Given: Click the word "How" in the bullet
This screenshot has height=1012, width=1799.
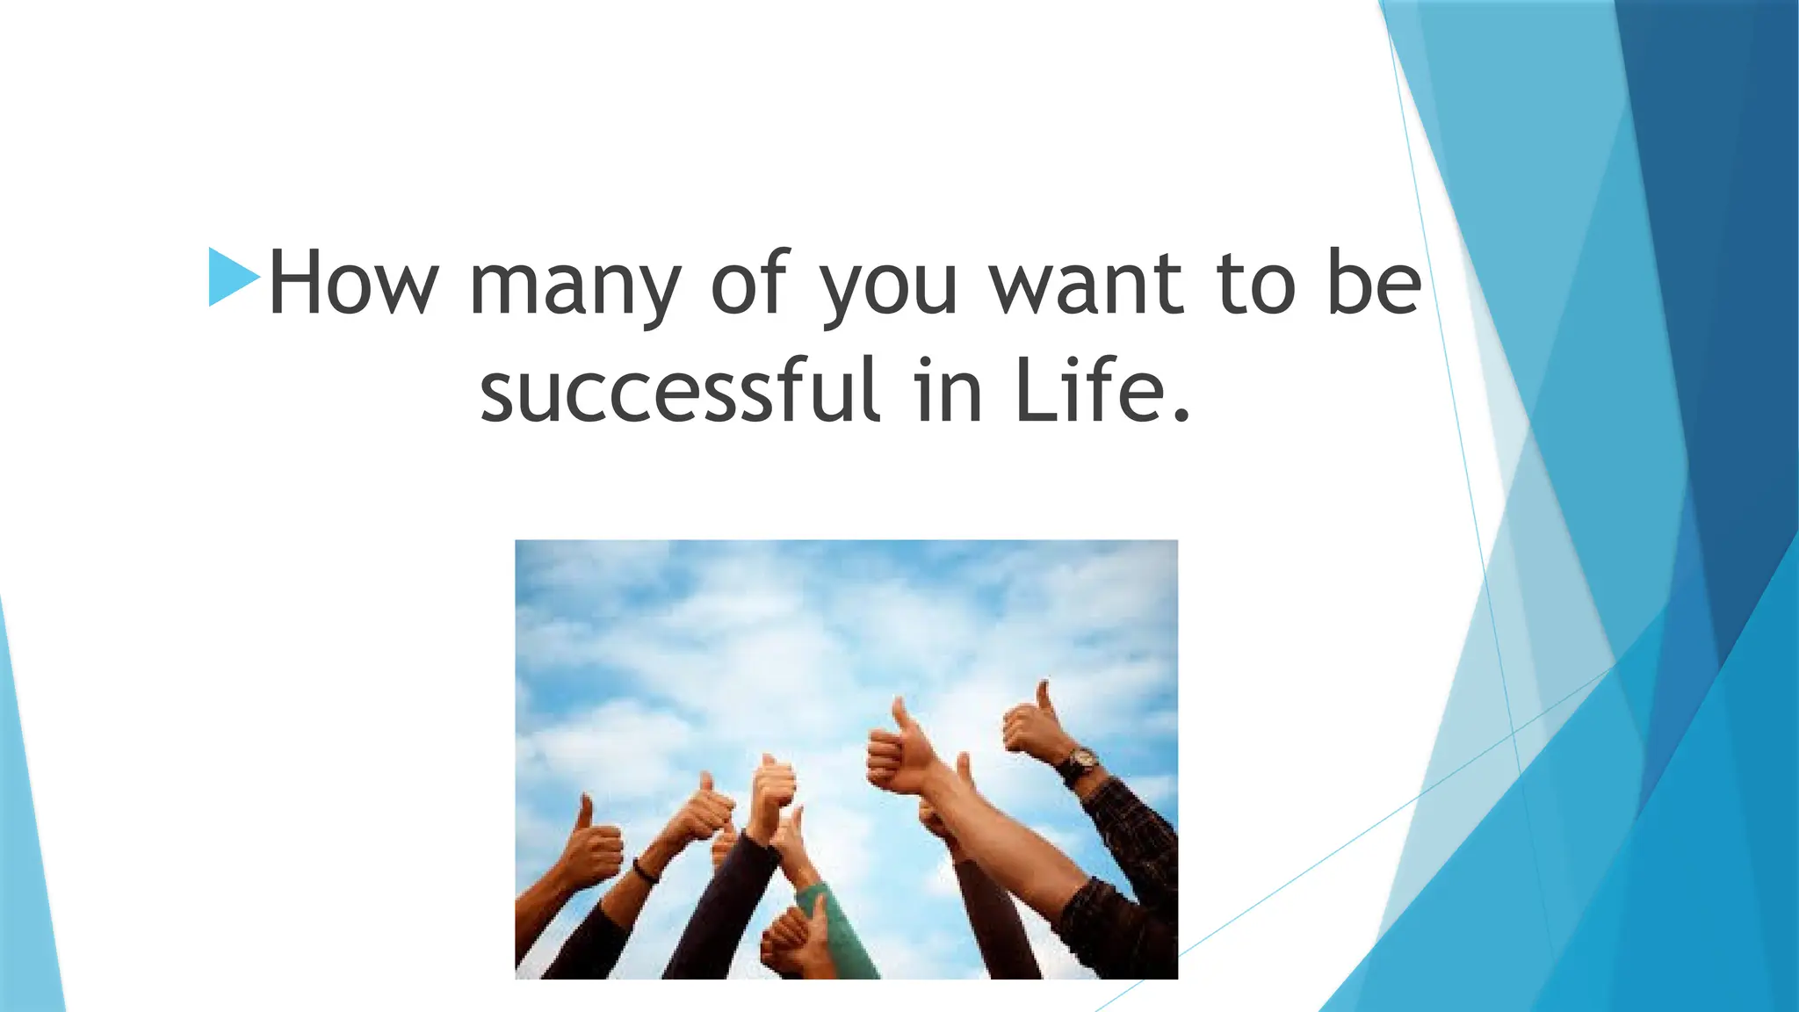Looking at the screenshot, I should [x=352, y=283].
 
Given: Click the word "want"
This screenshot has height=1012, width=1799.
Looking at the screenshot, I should [x=1087, y=283].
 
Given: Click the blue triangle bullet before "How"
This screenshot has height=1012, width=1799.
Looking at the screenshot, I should [x=232, y=278].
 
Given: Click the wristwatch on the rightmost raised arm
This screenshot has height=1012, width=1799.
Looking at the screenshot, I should [x=1078, y=763].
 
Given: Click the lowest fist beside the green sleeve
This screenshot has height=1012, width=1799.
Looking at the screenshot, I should [x=791, y=940].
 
